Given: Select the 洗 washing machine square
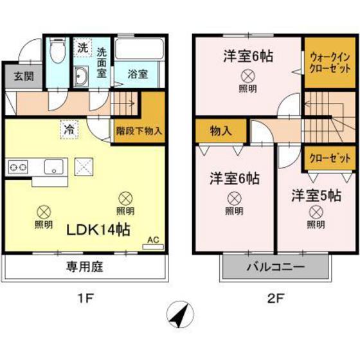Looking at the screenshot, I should pyautogui.click(x=83, y=48).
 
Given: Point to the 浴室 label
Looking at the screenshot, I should pyautogui.click(x=138, y=74).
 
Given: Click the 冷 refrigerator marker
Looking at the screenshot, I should pyautogui.click(x=68, y=129).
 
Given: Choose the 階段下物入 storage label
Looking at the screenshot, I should pyautogui.click(x=139, y=129).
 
